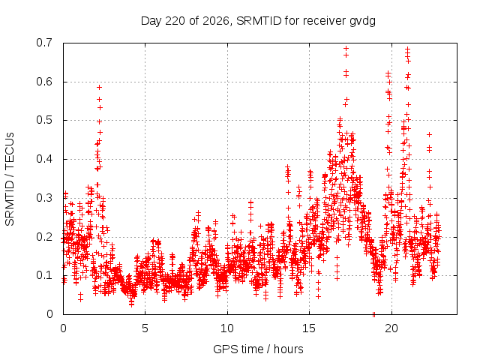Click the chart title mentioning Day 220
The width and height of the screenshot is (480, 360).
(258, 21)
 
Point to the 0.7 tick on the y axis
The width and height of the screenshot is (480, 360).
(44, 43)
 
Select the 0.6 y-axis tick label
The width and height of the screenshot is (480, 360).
(44, 82)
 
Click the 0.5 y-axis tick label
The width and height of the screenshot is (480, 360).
(44, 120)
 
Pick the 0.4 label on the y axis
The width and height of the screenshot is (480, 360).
(44, 159)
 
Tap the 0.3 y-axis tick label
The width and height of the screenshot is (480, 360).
(44, 198)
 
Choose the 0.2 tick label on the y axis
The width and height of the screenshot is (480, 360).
(44, 237)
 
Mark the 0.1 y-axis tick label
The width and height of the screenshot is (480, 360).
(44, 275)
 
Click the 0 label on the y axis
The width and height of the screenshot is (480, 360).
(49, 313)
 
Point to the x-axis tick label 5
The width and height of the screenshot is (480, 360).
(145, 328)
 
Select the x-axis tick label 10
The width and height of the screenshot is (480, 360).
(227, 328)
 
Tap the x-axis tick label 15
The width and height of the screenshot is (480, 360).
(309, 328)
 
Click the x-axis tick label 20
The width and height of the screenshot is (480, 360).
(391, 328)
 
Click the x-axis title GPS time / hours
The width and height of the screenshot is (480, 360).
(258, 349)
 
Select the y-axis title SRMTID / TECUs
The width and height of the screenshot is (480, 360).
(10, 179)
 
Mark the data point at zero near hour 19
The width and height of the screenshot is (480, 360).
(373, 314)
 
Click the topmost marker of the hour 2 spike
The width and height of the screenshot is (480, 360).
(99, 87)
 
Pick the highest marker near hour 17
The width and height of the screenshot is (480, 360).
(346, 48)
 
